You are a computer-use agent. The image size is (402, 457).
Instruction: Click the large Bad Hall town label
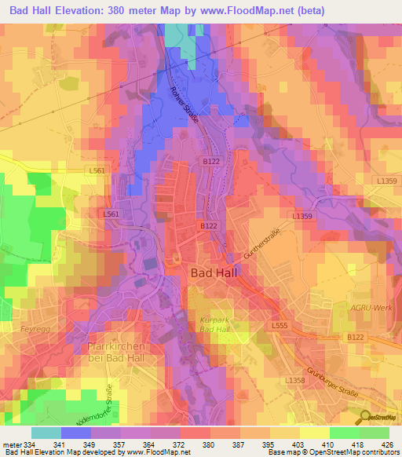click(x=216, y=273)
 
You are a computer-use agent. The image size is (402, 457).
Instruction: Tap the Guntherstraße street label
click(x=262, y=242)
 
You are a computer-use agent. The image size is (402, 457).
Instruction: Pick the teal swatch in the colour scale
click(x=46, y=433)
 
